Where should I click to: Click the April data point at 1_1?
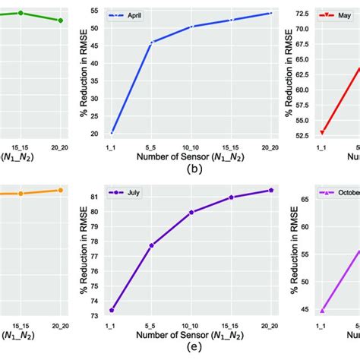(x=112, y=133)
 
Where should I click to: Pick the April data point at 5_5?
(x=151, y=43)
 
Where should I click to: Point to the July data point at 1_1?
(x=112, y=310)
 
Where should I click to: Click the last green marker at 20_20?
(x=61, y=21)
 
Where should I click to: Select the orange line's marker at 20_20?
(x=61, y=190)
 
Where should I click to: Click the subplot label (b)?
(x=191, y=170)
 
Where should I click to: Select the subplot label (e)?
(x=191, y=349)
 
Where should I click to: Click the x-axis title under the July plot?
(x=191, y=335)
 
